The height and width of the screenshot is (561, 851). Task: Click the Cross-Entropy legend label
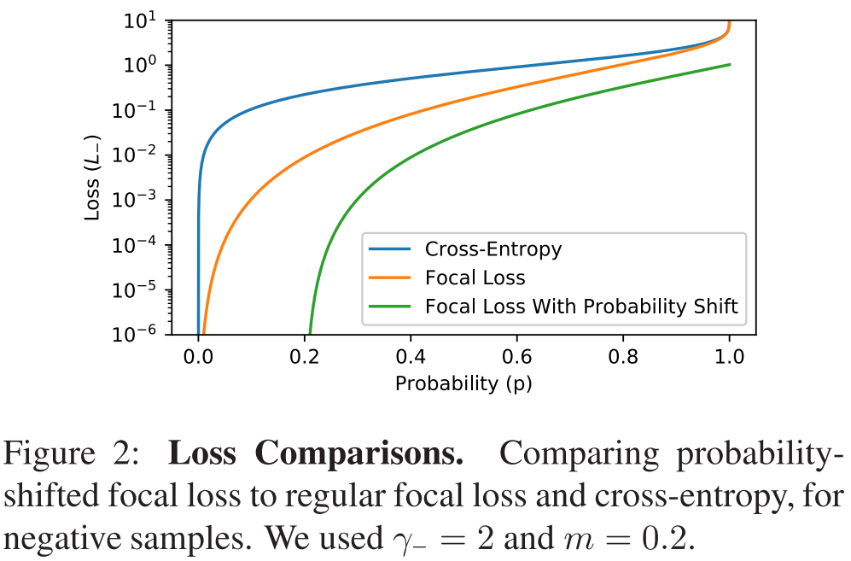tap(493, 249)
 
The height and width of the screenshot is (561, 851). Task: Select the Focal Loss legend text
tap(475, 278)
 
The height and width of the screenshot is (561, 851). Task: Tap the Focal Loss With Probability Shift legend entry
tap(581, 307)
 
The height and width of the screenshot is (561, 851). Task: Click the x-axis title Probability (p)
tap(463, 383)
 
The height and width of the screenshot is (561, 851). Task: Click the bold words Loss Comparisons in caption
tap(316, 453)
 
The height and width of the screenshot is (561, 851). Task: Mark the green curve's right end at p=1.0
tap(730, 64)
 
